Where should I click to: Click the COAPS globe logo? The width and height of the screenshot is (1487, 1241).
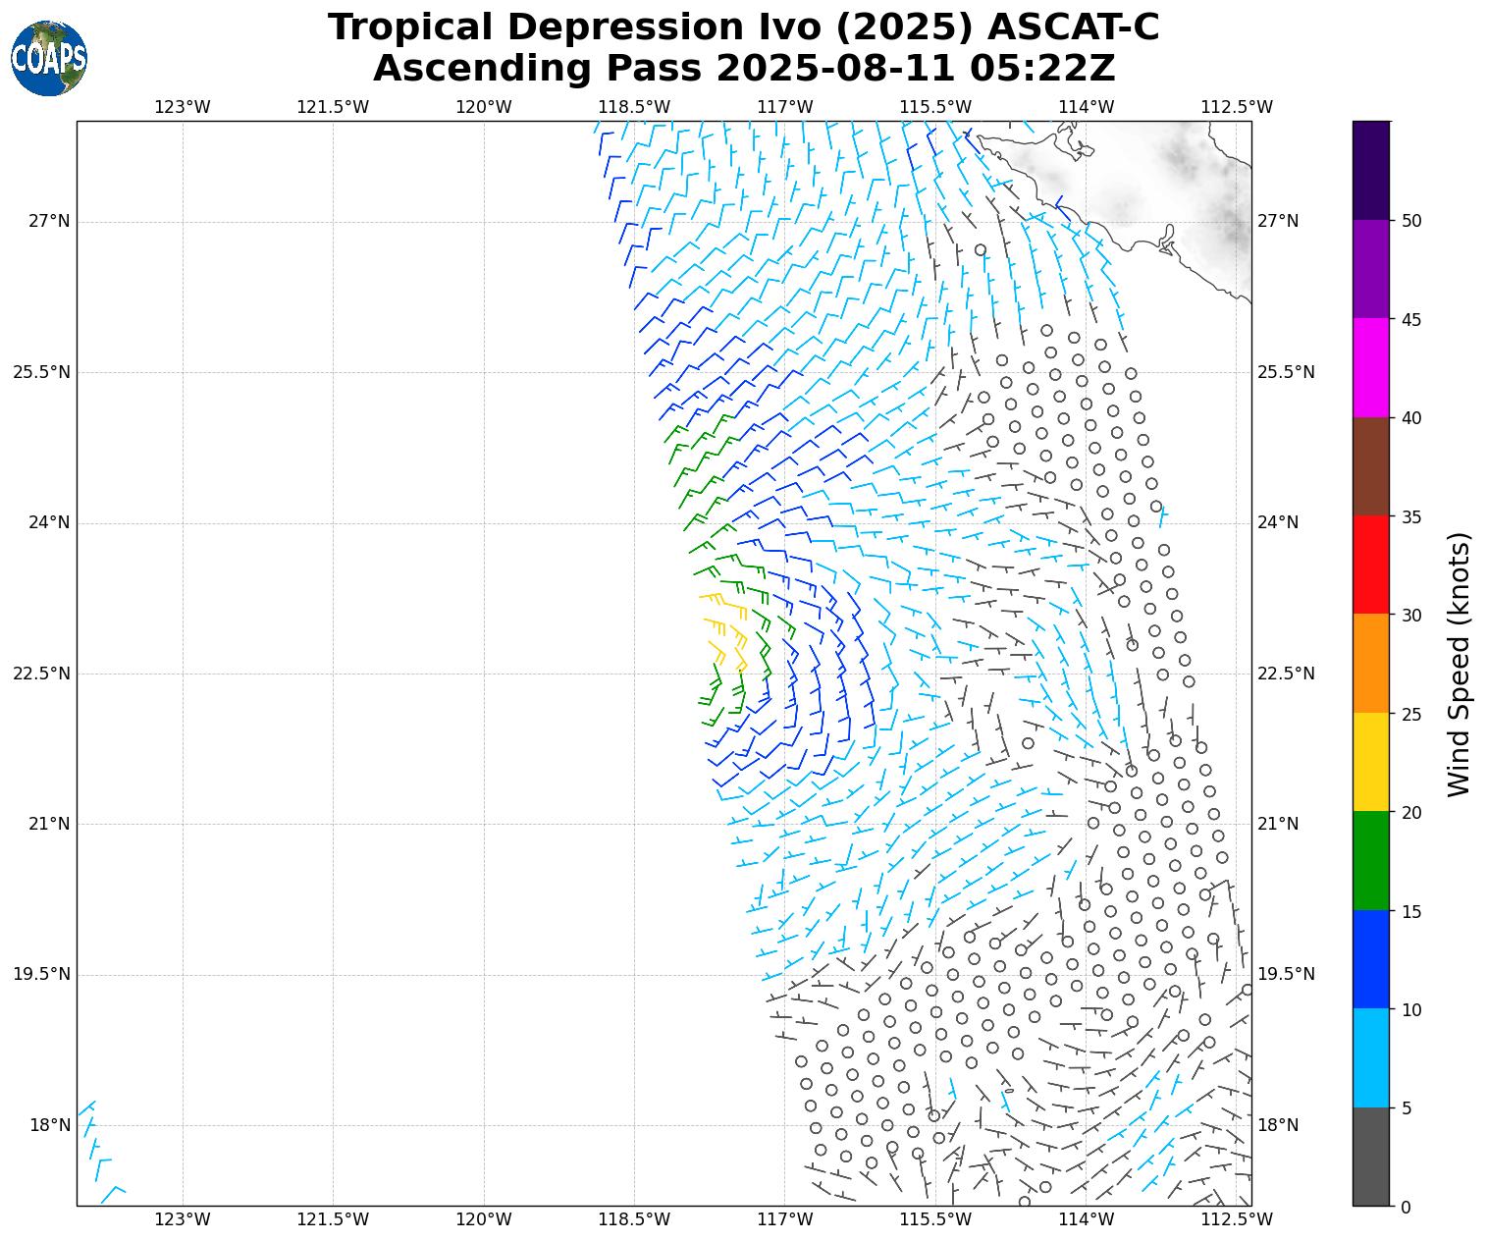pos(48,58)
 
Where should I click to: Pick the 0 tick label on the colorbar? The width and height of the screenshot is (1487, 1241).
pos(1406,1207)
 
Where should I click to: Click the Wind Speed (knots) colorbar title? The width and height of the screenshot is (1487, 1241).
pos(1460,664)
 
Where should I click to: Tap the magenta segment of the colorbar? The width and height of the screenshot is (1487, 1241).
pos(1370,367)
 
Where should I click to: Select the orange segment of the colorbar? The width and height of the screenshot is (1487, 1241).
pos(1370,663)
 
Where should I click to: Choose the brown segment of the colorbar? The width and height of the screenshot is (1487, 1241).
pos(1370,466)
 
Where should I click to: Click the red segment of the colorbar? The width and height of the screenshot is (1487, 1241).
pos(1370,565)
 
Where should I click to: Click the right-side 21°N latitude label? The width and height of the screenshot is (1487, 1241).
pos(1278,824)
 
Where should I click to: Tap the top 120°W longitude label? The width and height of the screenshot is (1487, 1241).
pos(484,107)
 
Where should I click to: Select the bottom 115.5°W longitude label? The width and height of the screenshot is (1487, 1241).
pos(935,1219)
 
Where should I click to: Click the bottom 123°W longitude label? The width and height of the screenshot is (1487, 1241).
pos(183,1219)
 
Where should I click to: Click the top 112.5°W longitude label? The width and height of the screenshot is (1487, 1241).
pos(1237,107)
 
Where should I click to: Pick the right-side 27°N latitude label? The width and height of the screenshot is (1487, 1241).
pos(1278,221)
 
